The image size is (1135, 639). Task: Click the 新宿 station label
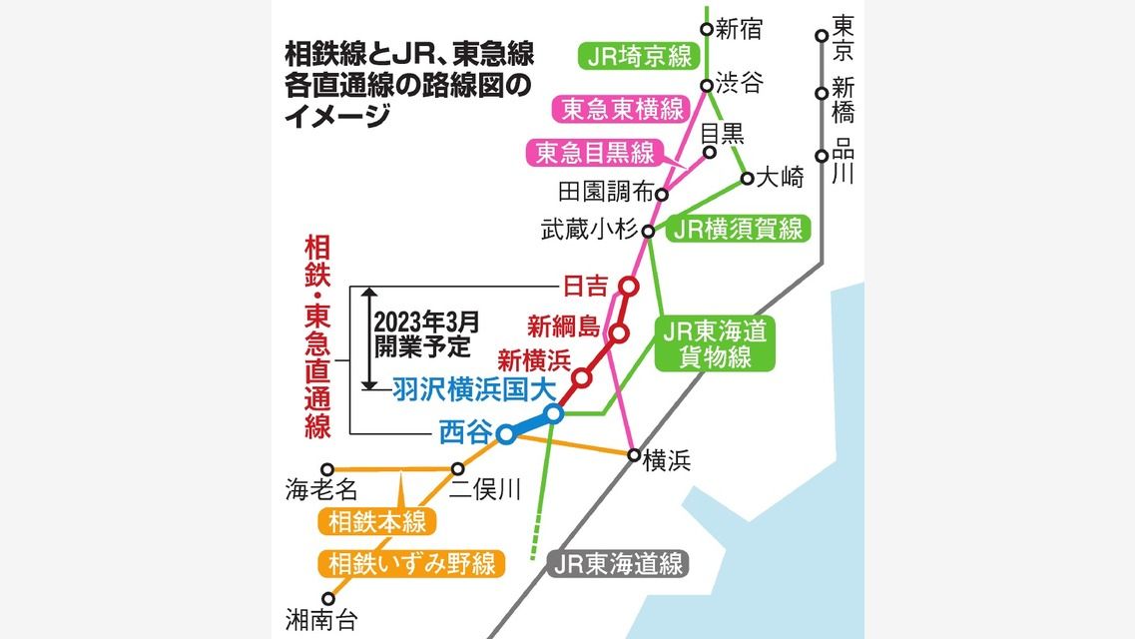tap(740, 29)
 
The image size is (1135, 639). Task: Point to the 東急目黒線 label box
tap(595, 152)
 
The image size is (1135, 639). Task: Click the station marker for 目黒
tap(710, 153)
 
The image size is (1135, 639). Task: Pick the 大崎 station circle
tap(747, 180)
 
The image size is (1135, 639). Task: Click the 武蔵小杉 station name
tap(589, 231)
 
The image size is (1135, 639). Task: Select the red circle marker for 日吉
tap(629, 288)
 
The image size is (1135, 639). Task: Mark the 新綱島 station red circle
tap(619, 333)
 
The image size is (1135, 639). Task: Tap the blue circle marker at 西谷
tap(507, 434)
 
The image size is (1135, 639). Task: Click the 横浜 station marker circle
tap(634, 455)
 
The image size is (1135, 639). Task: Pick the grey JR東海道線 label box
tap(620, 563)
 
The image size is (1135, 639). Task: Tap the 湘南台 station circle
tap(327, 599)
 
